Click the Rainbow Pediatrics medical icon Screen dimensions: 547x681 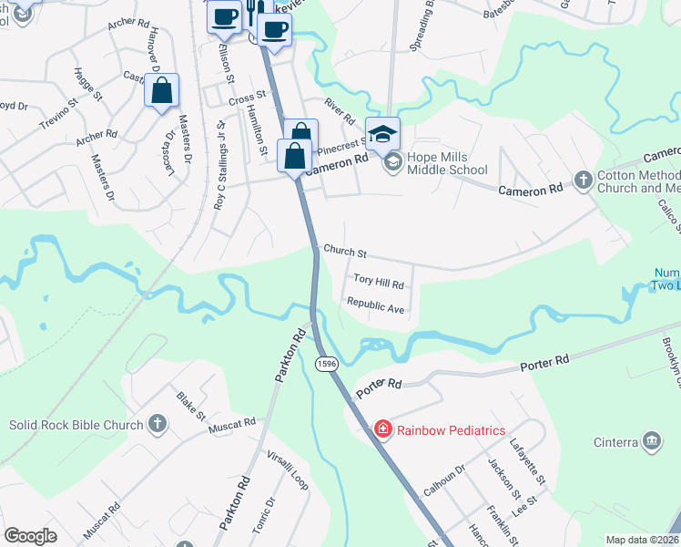click(x=383, y=428)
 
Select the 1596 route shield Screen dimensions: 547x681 click(x=326, y=364)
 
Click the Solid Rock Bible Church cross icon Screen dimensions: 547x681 click(x=158, y=423)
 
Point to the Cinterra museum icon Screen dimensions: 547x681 click(x=651, y=441)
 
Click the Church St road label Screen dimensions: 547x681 click(x=344, y=252)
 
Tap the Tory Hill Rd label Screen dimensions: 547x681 click(x=378, y=284)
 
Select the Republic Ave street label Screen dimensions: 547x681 click(x=375, y=308)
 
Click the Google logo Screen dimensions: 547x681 click(x=31, y=536)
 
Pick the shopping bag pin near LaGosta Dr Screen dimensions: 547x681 click(x=161, y=92)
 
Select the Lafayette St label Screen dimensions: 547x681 click(x=528, y=466)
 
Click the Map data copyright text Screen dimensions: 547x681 click(x=643, y=540)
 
